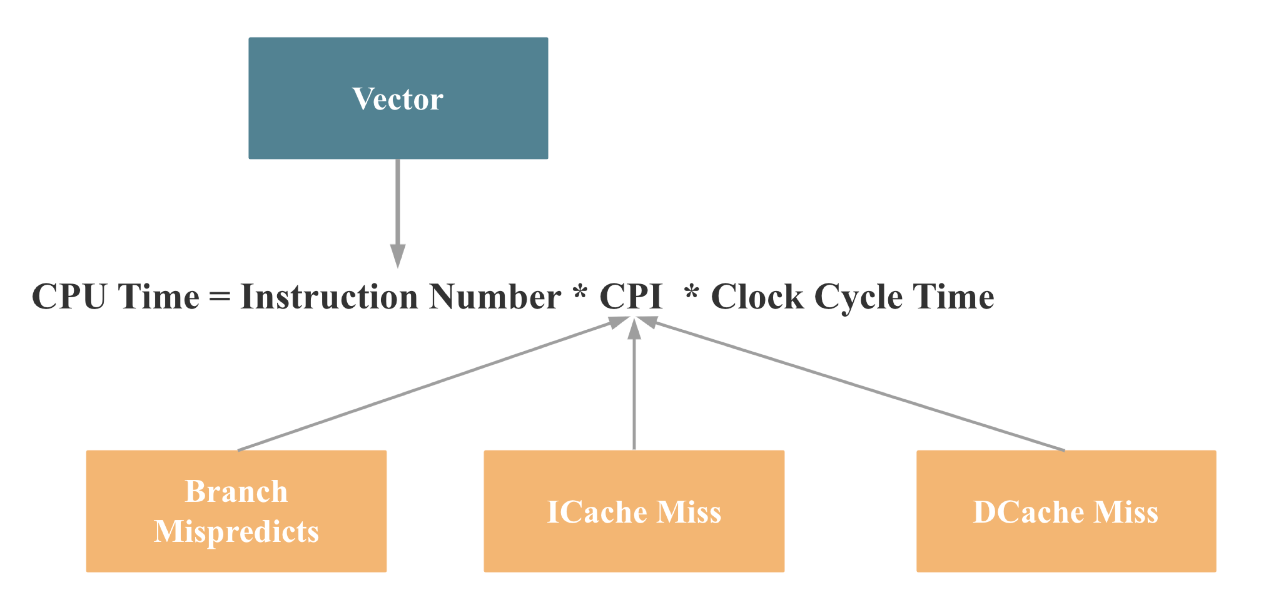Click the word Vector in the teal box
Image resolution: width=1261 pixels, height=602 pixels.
coord(398,99)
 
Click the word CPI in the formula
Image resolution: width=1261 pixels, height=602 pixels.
coord(630,297)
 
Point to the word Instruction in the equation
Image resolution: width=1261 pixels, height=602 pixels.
coord(329,297)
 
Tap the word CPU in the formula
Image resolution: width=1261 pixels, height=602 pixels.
coord(69,297)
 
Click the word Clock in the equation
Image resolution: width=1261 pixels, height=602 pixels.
coord(757,297)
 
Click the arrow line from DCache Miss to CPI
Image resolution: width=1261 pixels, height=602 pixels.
coord(857,387)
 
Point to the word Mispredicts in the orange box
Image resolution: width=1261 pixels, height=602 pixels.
coord(236,532)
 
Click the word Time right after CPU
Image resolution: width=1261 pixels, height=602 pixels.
coord(159,297)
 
